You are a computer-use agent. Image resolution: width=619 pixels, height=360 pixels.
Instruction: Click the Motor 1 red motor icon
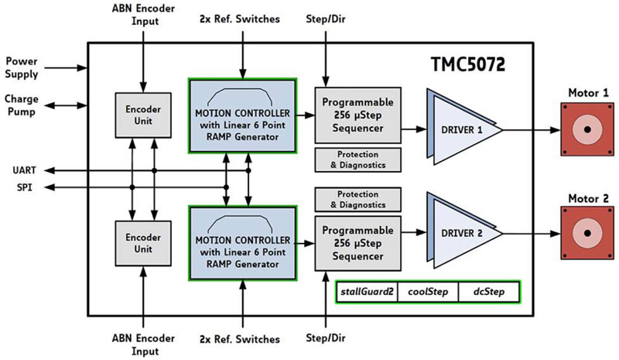[x=587, y=130]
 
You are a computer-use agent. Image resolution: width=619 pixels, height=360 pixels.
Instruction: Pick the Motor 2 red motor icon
[x=587, y=233]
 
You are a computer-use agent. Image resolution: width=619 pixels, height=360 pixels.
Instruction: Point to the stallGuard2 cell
[x=366, y=293]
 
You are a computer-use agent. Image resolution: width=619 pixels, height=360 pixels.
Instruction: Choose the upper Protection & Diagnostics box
[x=358, y=160]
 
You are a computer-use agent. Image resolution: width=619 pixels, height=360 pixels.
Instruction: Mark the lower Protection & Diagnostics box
[x=358, y=199]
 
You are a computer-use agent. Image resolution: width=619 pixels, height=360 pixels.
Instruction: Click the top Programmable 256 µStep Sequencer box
[x=358, y=115]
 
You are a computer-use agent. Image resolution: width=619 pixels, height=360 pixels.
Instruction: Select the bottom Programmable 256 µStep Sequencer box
[x=358, y=242]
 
